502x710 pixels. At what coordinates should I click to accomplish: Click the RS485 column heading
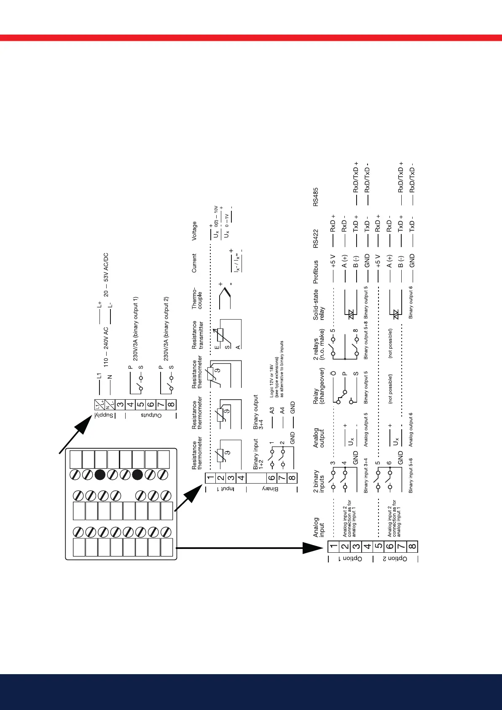pyautogui.click(x=316, y=197)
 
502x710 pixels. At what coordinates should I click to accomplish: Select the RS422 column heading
pyautogui.click(x=316, y=239)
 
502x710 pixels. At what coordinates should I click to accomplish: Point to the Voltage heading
pyautogui.click(x=194, y=231)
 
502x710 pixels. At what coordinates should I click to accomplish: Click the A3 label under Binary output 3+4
pyautogui.click(x=272, y=410)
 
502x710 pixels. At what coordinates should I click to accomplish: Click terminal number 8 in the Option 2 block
pyautogui.click(x=413, y=547)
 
